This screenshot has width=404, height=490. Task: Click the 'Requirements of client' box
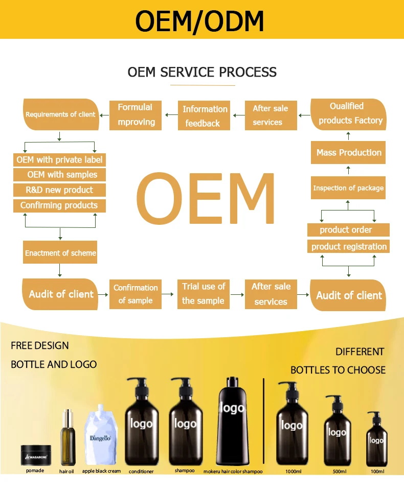pos(60,114)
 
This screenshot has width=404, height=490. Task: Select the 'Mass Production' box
pos(349,152)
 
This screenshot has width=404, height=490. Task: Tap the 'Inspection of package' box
pos(348,188)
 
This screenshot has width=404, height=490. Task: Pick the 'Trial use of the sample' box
pos(203,294)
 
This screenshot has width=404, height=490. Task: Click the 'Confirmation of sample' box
pos(136,294)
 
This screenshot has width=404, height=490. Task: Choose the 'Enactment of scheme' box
pos(60,253)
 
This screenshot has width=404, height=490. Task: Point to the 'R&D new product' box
pos(59,190)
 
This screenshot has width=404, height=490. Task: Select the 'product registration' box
pos(349,246)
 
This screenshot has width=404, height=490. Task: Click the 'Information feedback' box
pos(205,116)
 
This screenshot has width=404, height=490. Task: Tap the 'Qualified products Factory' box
pos(349,114)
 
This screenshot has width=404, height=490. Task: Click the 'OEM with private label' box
pos(59,160)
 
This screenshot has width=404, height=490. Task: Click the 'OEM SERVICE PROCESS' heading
pos(202,72)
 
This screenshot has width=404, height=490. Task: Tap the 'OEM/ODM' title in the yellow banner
pos(200,21)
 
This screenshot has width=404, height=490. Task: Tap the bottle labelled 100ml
pos(376,439)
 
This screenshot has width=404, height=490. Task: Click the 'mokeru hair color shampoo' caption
pos(233,472)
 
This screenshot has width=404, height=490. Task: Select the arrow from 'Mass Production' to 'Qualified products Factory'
pos(349,135)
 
